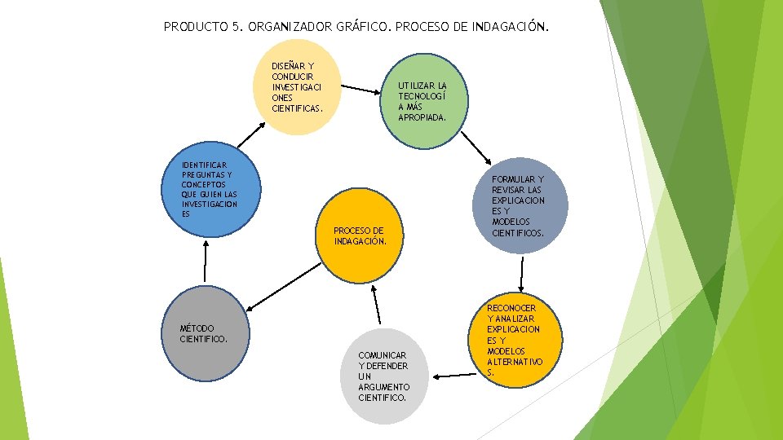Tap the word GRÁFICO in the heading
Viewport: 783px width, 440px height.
click(x=362, y=27)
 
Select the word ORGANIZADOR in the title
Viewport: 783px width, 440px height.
click(x=290, y=27)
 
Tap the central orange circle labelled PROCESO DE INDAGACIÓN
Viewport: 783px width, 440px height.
click(x=359, y=232)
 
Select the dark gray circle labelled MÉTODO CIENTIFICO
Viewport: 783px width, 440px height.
click(x=204, y=330)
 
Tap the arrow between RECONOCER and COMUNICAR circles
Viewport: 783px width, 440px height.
click(x=454, y=376)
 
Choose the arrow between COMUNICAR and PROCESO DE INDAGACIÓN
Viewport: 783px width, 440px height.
click(x=378, y=306)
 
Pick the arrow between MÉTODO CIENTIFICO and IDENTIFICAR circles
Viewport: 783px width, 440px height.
click(x=206, y=262)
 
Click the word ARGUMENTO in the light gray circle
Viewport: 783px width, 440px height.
click(x=383, y=386)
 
